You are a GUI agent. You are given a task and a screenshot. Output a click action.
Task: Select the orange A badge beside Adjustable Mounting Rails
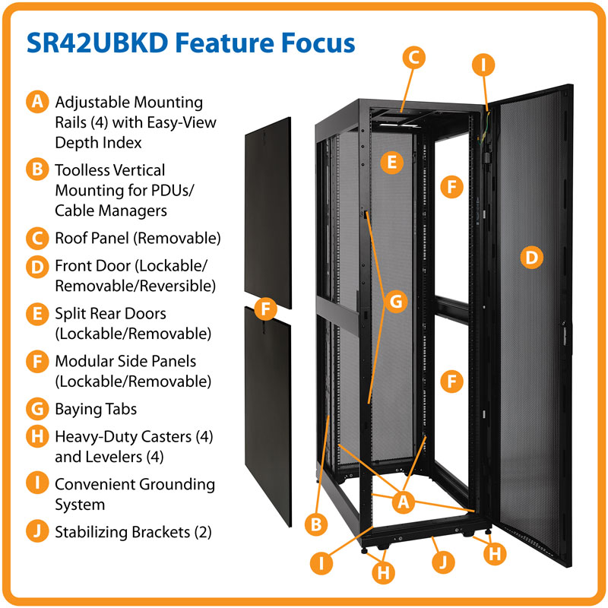click(x=36, y=103)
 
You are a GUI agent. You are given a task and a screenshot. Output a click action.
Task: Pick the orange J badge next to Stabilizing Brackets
click(x=36, y=532)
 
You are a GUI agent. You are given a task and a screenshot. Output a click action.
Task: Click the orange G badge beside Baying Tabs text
click(x=36, y=409)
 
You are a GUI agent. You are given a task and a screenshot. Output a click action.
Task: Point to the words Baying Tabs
click(x=96, y=409)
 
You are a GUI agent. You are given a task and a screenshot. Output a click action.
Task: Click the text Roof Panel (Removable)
click(x=138, y=238)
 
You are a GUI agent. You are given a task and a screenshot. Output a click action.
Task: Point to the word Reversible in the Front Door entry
click(x=174, y=286)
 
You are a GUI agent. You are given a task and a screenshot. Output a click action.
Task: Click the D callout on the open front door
click(x=531, y=258)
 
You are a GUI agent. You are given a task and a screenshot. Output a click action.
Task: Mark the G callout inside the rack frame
click(x=394, y=301)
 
